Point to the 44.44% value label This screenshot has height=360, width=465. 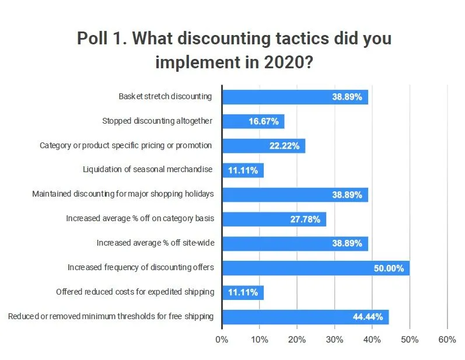coord(368,317)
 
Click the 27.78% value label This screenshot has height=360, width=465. coord(306,219)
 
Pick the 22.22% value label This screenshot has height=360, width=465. coord(285,146)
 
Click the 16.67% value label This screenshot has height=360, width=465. coord(264,121)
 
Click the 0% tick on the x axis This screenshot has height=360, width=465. coord(222,340)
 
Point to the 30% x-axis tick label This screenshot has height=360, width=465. coord(334,340)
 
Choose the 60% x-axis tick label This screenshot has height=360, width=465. coord(447,340)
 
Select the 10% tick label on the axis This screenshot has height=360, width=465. coord(259,340)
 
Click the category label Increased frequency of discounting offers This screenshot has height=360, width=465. coord(141,268)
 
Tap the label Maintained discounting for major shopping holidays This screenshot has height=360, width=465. coord(123,194)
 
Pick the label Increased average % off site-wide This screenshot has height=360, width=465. coord(155,243)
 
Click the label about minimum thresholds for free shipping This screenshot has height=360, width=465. coord(110,317)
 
